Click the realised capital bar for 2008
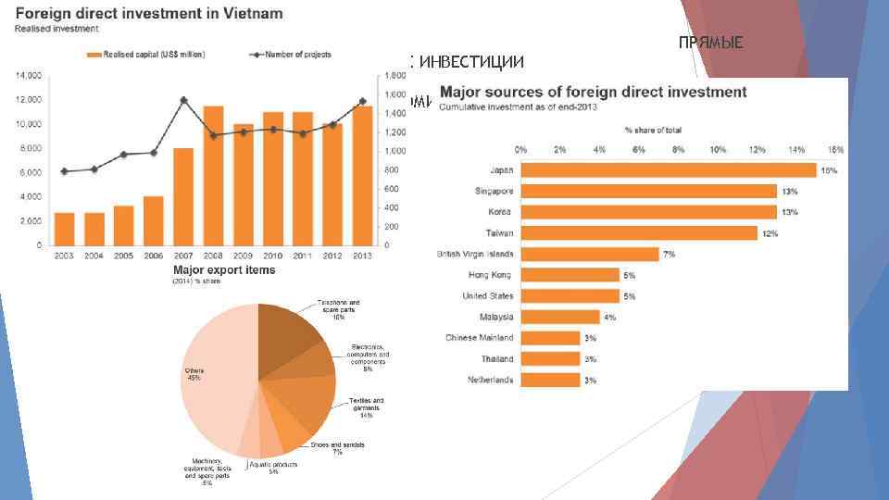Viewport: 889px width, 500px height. click(213, 176)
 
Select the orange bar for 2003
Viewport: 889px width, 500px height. click(64, 229)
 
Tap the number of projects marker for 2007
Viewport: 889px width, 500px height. click(183, 100)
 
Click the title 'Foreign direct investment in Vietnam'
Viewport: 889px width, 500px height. click(148, 15)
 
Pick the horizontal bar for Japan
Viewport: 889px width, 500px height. click(668, 169)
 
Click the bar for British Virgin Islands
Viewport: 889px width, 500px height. click(590, 254)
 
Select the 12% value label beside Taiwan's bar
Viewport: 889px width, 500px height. click(770, 233)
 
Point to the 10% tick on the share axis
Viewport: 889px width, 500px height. click(717, 149)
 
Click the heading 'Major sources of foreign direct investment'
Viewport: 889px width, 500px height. click(593, 92)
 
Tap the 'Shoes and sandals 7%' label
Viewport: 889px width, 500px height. click(337, 448)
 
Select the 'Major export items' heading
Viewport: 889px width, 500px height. click(224, 269)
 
